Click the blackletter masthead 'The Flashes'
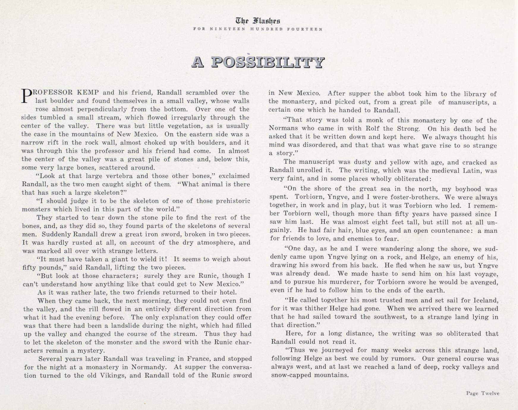pos(258,21)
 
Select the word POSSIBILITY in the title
pos(268,62)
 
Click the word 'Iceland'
pos(486,300)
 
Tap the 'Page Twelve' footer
pos(483,393)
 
